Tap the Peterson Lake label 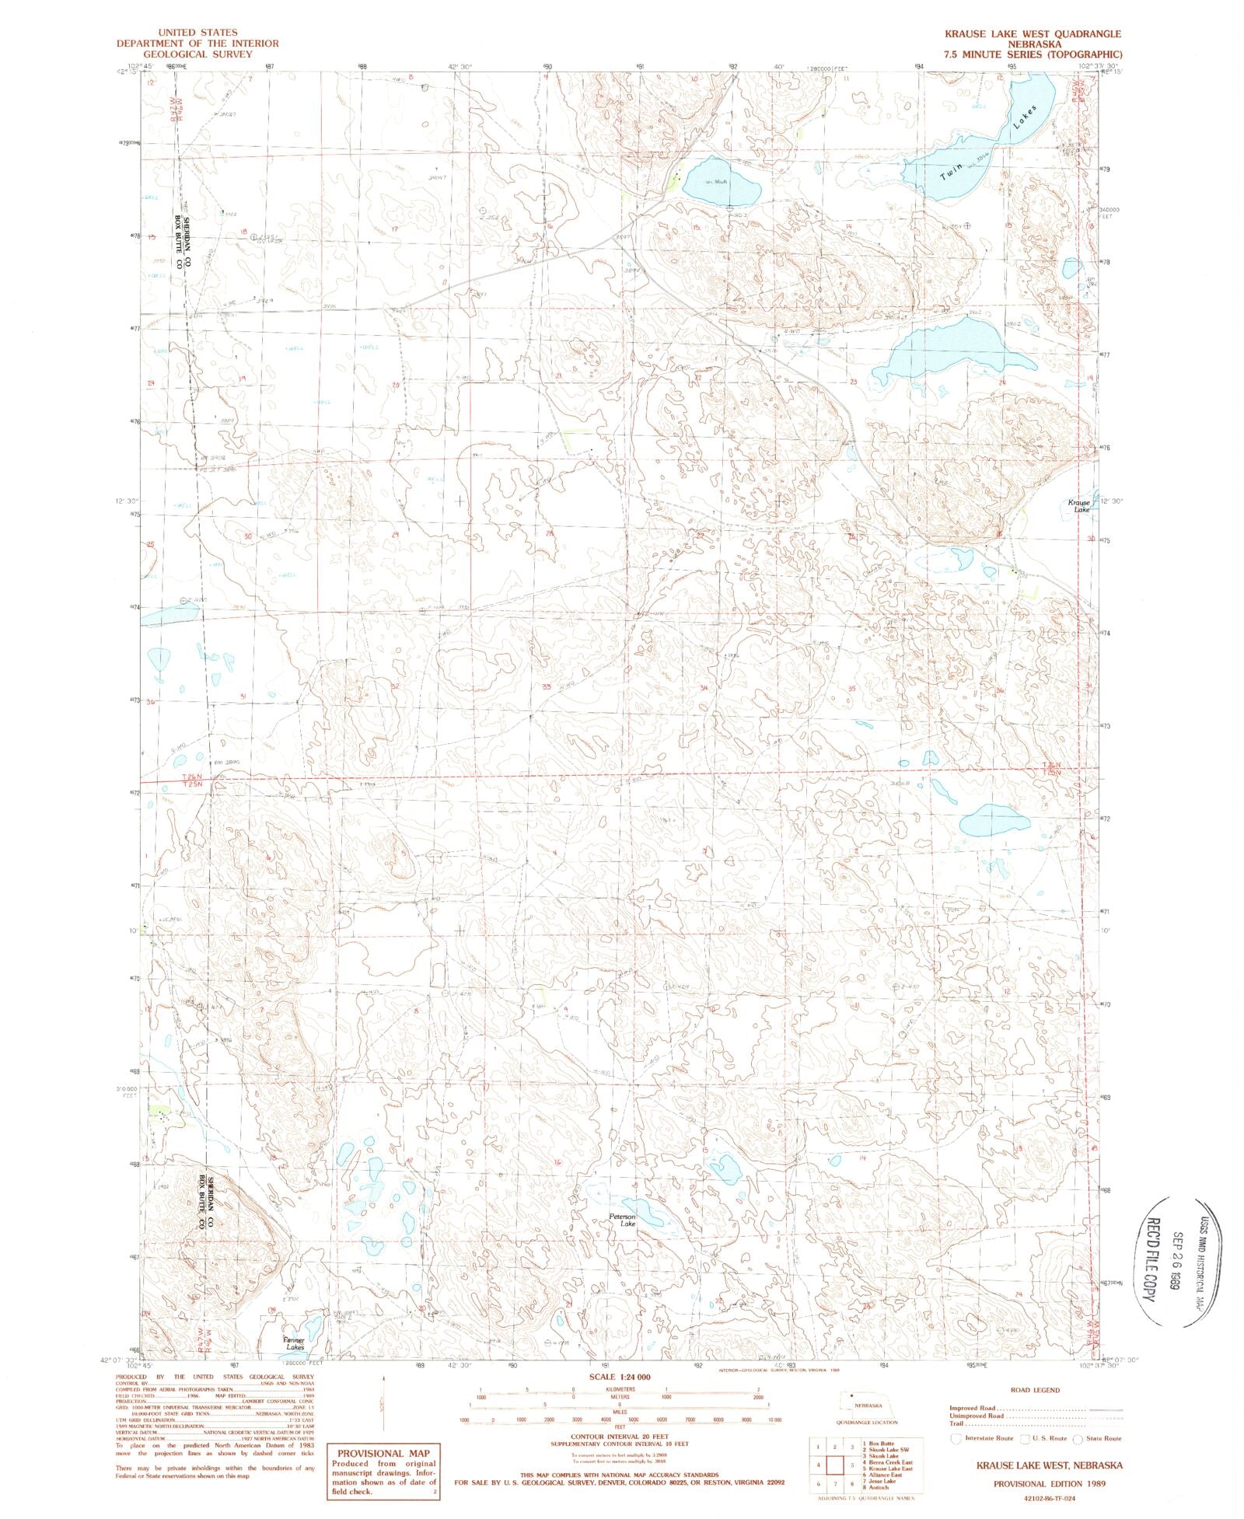click(623, 1220)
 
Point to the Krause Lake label click(1080, 506)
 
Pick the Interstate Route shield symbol click(956, 1438)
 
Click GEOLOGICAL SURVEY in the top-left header click(197, 54)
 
